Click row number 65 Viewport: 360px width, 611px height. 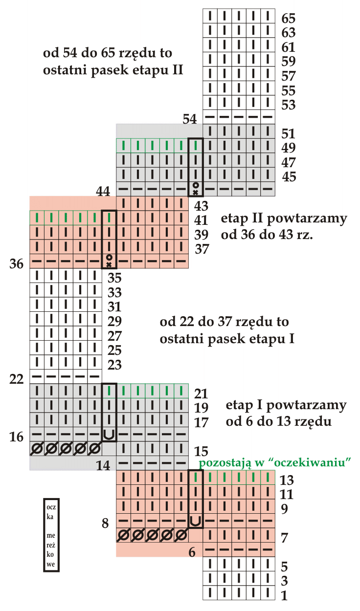289,19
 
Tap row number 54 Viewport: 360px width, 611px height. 190,119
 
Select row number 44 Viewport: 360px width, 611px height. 103,191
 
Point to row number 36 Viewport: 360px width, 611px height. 16,264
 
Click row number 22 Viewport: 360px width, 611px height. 16,379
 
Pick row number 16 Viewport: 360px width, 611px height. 16,436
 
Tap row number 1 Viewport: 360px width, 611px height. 284,595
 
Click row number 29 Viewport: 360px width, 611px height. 114,321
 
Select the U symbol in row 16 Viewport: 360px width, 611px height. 109,434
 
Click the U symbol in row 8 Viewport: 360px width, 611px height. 196,521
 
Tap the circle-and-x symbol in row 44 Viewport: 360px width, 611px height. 196,189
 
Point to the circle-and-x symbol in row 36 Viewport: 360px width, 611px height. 109,261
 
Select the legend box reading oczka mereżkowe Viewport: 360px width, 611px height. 51,535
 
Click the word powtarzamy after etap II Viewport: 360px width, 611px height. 307,219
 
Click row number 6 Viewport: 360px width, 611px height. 192,552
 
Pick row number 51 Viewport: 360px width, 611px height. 289,133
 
